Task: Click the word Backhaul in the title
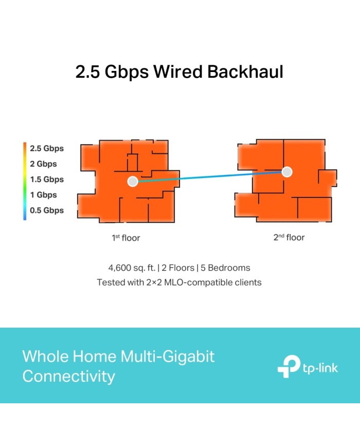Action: pos(245,71)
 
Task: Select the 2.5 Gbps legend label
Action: pos(47,149)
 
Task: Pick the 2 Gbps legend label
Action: pos(43,164)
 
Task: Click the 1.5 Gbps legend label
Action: pos(47,180)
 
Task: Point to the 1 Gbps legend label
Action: pos(43,195)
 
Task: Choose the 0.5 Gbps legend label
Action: pos(47,210)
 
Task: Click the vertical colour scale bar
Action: pos(25,181)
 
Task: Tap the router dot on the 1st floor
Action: pos(133,181)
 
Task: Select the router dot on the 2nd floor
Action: pos(287,172)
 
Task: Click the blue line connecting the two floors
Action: pos(210,176)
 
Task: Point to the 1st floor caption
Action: pos(125,238)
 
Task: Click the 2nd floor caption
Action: pos(289,237)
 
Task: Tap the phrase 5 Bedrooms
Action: pos(225,268)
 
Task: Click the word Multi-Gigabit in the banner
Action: pos(167,356)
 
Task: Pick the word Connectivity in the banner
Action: pos(69,377)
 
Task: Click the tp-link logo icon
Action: pos(289,367)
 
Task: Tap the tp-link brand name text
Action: pos(320,368)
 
